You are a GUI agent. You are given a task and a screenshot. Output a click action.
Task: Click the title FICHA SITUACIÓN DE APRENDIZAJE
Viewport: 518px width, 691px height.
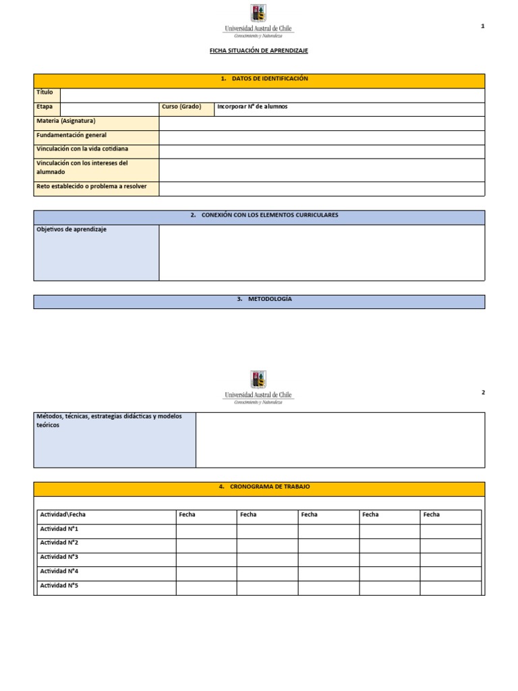click(259, 51)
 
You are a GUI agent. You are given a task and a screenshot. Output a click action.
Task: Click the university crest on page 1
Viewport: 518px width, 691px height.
click(258, 13)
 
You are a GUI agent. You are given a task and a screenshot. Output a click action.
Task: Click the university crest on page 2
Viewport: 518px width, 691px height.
click(258, 379)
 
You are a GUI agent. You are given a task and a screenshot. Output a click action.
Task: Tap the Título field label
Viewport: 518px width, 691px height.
click(45, 92)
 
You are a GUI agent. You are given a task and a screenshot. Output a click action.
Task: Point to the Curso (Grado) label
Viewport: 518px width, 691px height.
click(181, 107)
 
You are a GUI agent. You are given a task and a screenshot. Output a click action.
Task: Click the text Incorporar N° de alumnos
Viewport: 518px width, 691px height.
click(252, 107)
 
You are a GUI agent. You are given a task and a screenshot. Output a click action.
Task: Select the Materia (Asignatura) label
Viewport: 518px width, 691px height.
click(66, 121)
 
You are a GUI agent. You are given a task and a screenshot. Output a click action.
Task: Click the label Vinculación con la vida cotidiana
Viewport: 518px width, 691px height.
click(82, 148)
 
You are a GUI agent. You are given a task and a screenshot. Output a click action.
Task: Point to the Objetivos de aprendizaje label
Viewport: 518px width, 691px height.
click(71, 229)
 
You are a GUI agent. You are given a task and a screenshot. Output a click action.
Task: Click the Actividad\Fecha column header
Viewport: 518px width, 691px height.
click(63, 515)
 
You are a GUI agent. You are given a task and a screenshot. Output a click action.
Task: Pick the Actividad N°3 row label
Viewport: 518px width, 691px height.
click(59, 557)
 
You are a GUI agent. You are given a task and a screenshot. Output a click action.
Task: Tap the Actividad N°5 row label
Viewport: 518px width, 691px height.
click(59, 586)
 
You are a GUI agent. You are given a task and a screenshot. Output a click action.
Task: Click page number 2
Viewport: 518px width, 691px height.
click(483, 392)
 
